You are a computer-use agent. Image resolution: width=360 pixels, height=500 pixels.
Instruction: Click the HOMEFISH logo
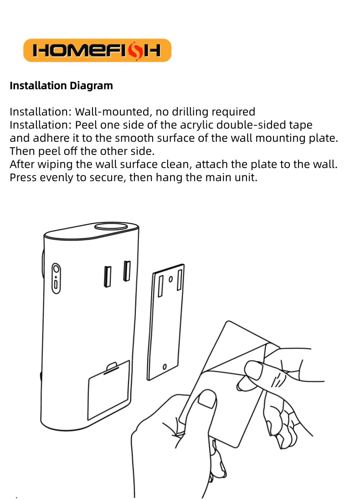point(97,51)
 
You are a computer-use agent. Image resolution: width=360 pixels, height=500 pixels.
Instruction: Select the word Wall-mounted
point(112,112)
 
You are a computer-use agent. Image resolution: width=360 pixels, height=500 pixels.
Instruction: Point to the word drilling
point(190,112)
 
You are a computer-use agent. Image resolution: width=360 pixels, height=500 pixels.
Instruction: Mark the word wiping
point(55,165)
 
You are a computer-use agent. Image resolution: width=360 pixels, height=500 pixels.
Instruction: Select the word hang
point(169,177)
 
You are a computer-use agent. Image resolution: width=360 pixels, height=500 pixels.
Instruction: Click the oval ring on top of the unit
point(111,227)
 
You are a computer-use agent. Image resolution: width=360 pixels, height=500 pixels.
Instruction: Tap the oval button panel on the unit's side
point(56,278)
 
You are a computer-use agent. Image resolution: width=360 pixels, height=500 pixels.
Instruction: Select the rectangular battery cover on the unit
point(108,390)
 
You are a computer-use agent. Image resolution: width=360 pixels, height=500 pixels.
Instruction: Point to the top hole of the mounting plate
point(170,279)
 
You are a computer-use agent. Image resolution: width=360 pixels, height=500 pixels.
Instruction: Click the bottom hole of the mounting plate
point(165,367)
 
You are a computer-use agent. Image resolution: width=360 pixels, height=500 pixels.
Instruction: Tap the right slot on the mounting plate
point(180,280)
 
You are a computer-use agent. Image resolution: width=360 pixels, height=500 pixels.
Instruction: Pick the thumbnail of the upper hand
point(253,370)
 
